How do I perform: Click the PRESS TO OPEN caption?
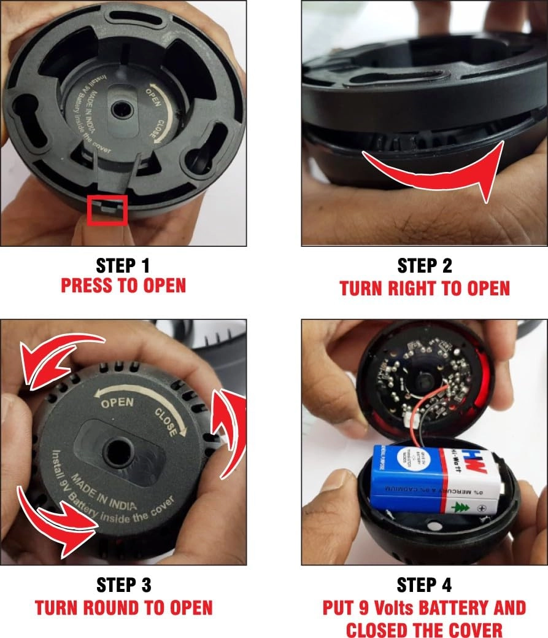(x=123, y=286)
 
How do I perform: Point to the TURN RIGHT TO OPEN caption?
(x=425, y=288)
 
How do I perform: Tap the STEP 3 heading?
(x=123, y=584)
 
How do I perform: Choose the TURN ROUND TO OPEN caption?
(x=123, y=608)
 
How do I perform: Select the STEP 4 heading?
(x=425, y=584)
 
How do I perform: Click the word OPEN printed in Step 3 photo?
(x=117, y=403)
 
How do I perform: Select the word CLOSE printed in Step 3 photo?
(x=166, y=422)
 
